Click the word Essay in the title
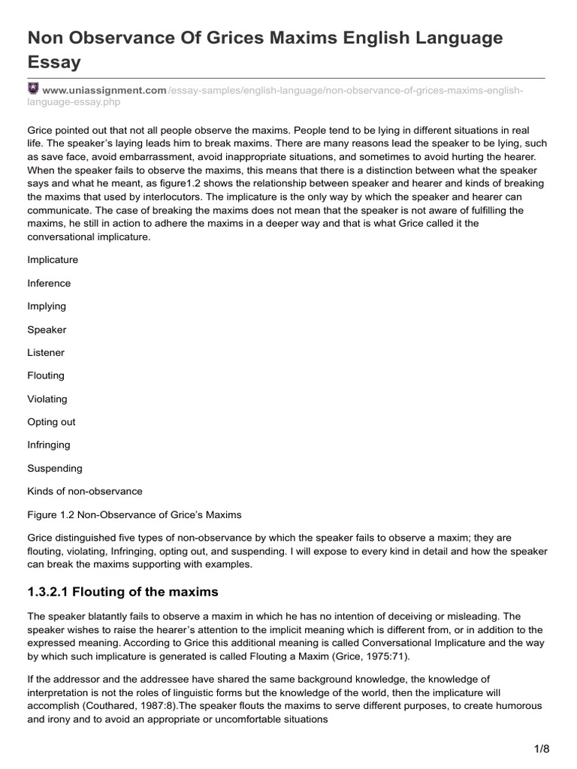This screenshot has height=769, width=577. tap(53, 62)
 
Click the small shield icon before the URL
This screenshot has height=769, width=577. tap(32, 89)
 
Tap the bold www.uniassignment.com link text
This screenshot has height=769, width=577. tap(103, 90)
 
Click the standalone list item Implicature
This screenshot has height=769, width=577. tap(53, 260)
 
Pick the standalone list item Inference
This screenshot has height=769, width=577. tap(49, 283)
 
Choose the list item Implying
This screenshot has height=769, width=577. tap(47, 306)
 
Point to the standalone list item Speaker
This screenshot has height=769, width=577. tap(47, 330)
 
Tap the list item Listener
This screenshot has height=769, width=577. tap(46, 352)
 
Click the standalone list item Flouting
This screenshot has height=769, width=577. tap(46, 375)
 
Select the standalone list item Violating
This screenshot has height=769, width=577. tap(47, 399)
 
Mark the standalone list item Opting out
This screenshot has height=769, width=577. tap(51, 422)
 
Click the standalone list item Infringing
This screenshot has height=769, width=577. tap(49, 445)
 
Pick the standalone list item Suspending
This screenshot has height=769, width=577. tap(55, 468)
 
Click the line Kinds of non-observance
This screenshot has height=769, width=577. tap(85, 491)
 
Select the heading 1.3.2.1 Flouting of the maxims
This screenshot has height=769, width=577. tap(122, 592)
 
